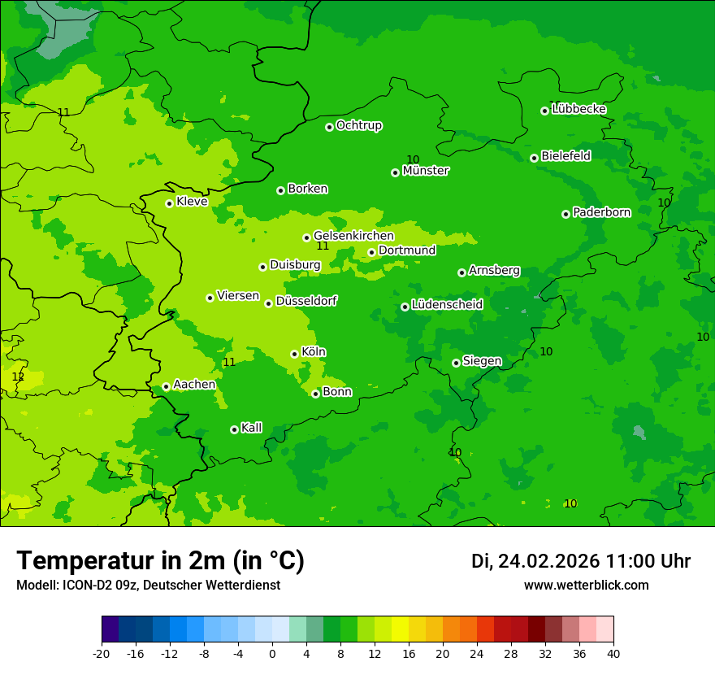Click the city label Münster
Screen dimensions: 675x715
pos(426,171)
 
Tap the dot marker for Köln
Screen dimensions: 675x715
pos(294,354)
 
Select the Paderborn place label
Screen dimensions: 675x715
pos(601,212)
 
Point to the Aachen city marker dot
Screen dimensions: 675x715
pos(166,387)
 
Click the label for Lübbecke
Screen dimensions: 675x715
pos(578,109)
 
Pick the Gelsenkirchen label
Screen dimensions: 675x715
pos(353,236)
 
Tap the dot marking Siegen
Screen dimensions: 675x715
pos(456,363)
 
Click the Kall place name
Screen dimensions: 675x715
pos(252,428)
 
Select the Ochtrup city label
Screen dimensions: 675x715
pos(359,125)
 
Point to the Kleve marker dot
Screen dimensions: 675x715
pos(169,203)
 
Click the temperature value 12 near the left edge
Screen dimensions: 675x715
pos(18,377)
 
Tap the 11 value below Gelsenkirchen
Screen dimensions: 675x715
pos(323,246)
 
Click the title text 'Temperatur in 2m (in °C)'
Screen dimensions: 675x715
pos(160,561)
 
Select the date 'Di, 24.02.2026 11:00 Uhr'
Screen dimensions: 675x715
pos(581,561)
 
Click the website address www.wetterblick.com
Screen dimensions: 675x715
pos(586,585)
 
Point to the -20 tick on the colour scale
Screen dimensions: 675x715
pos(102,653)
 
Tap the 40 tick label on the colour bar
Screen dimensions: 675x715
pos(613,653)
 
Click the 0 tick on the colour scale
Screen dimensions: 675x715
pos(272,653)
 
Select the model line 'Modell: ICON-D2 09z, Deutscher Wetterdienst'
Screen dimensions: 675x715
pos(148,585)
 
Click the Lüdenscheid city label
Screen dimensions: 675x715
pos(447,305)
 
